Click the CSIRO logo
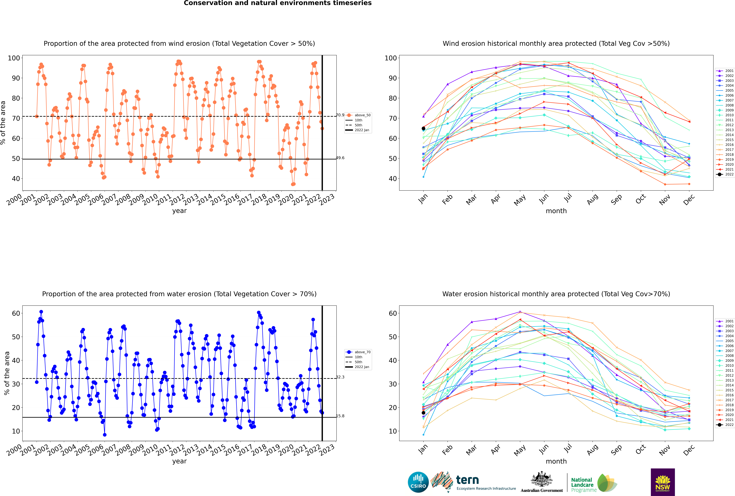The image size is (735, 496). point(418,482)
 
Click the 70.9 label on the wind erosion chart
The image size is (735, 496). point(340,115)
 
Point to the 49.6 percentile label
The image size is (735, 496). point(340,158)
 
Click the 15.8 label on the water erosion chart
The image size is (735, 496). point(340,416)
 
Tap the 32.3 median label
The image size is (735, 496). point(340,377)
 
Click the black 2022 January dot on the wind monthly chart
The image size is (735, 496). point(423,128)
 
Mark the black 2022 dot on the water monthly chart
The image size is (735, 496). point(423,413)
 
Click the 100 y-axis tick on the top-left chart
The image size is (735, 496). point(14,58)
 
